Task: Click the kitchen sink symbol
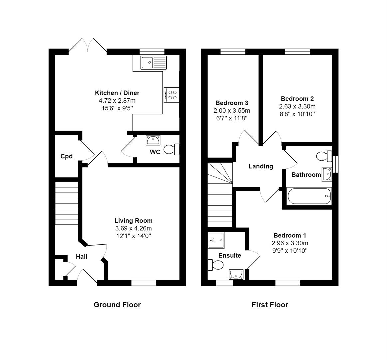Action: [153, 62]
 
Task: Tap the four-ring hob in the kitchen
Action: [172, 95]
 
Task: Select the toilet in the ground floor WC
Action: [172, 149]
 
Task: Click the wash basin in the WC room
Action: [153, 140]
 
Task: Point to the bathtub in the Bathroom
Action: [309, 196]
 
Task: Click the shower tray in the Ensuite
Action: [216, 240]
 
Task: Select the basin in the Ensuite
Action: [236, 274]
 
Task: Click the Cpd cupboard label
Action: [66, 156]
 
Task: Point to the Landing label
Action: [261, 166]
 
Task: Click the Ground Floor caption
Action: [117, 304]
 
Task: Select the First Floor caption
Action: [270, 304]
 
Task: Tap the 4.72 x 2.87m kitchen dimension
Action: [117, 100]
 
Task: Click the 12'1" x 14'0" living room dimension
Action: [133, 236]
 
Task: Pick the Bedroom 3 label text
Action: [232, 103]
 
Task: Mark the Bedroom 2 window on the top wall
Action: [297, 51]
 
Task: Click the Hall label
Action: [81, 256]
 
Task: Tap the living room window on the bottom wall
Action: [144, 283]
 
